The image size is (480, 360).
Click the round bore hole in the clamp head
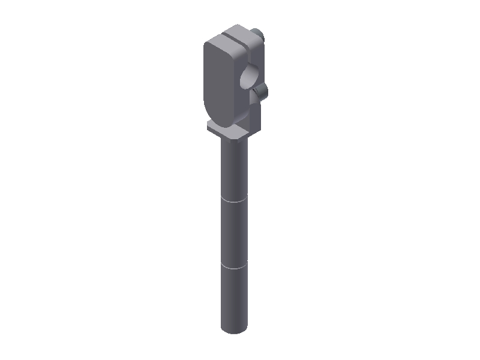(248, 78)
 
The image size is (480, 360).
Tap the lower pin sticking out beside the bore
(262, 91)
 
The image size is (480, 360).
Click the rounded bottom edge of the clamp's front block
(216, 119)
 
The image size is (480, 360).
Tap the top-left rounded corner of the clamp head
(208, 45)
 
